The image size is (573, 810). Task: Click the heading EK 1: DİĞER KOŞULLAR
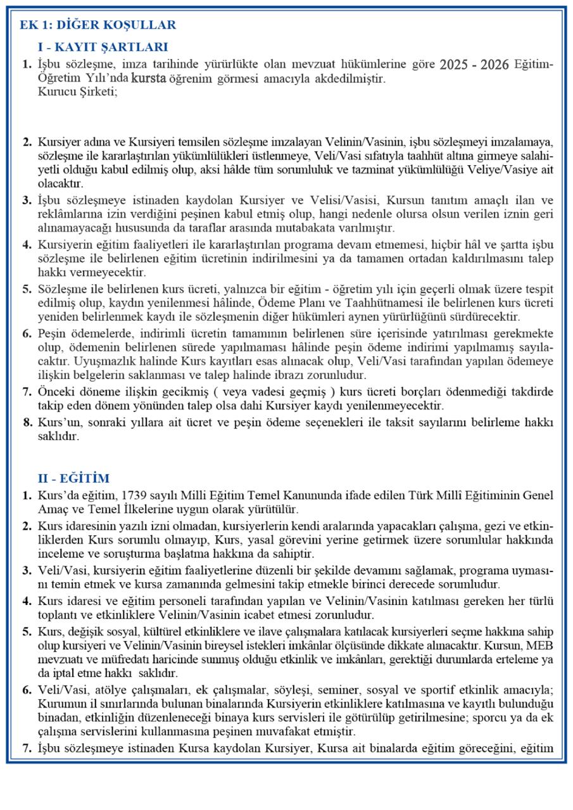pos(98,25)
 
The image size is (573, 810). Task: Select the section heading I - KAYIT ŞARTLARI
pos(103,47)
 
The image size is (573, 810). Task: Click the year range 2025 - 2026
pos(474,65)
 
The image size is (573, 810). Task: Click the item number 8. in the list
pos(27,423)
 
